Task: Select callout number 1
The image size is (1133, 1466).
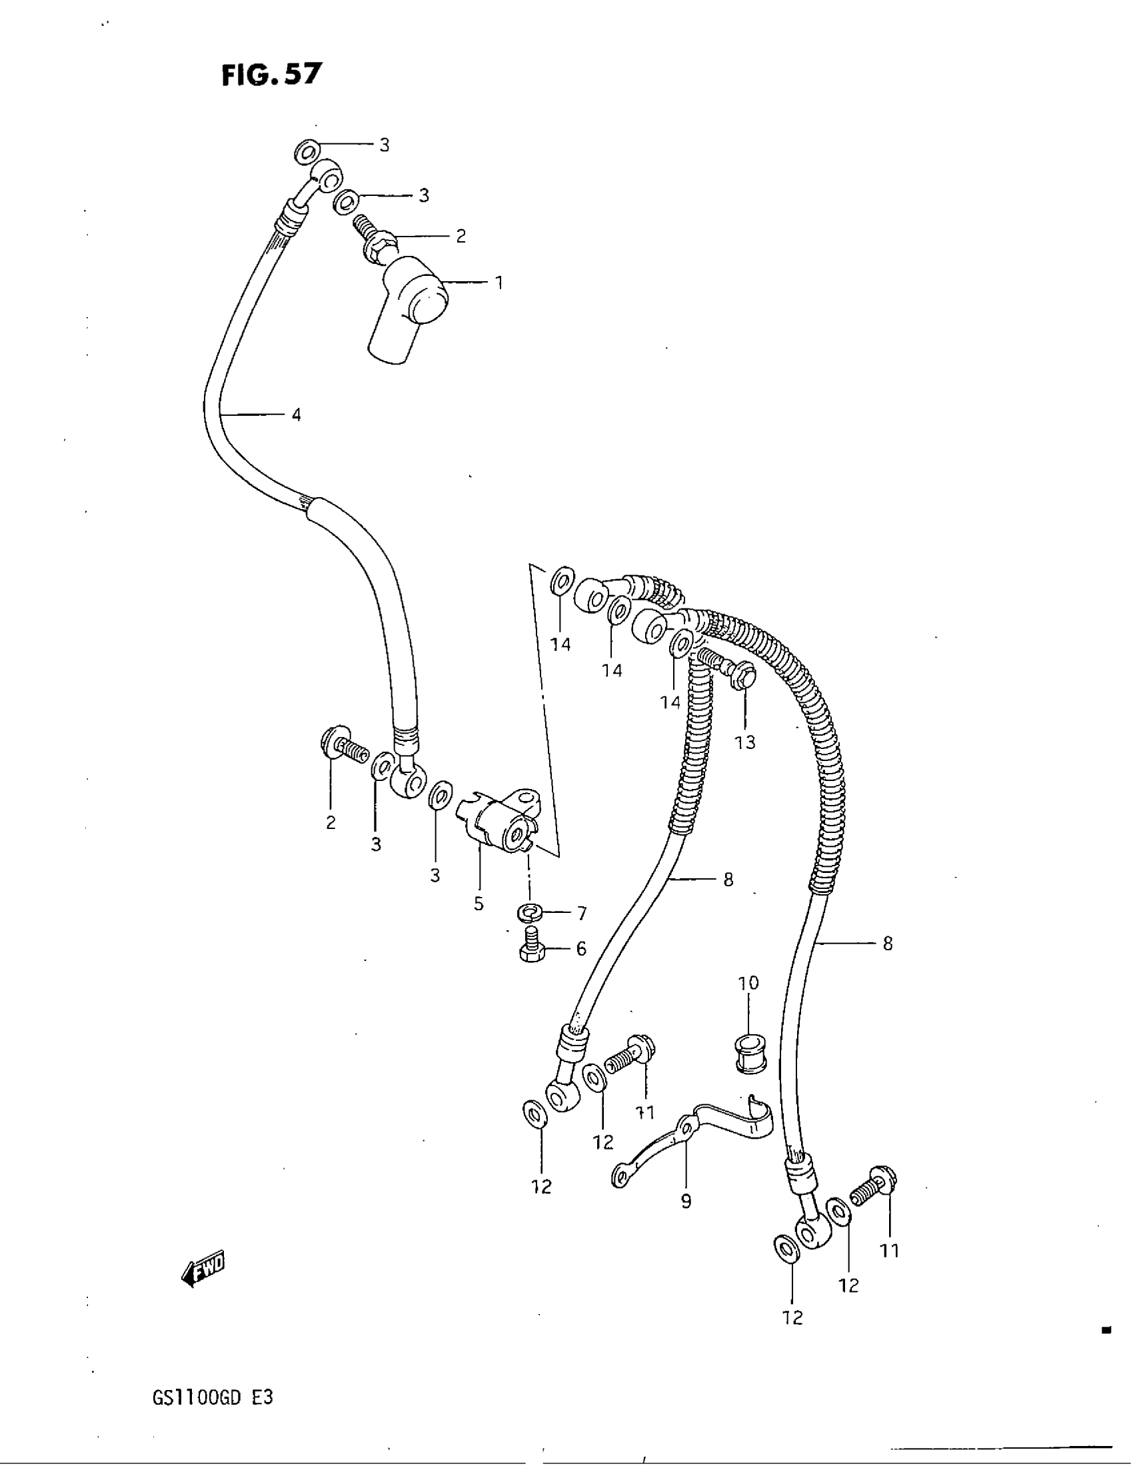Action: tap(499, 283)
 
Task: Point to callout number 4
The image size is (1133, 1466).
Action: tap(296, 415)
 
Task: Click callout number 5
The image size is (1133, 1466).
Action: tap(478, 904)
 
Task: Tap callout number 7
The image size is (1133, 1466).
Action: tap(581, 914)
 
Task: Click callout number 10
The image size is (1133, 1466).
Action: tap(748, 984)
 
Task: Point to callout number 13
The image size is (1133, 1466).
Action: tap(745, 742)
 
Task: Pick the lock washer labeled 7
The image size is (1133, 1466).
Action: tap(530, 913)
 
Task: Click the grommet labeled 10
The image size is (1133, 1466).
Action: tap(749, 1055)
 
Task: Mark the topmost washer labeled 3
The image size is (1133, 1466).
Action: tap(307, 152)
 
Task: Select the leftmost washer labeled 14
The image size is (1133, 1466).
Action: tap(561, 580)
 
